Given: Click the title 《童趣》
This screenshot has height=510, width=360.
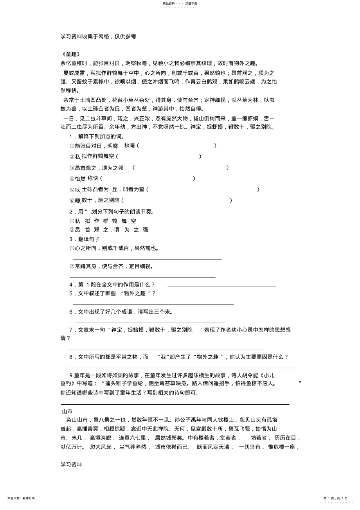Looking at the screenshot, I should tap(71, 54).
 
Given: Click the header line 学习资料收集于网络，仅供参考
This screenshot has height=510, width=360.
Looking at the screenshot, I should tap(98, 36).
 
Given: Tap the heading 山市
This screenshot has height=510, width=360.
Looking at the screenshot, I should tap(67, 411).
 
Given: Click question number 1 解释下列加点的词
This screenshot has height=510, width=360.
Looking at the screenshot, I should tap(97, 136).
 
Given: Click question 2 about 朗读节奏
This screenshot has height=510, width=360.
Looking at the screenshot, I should tap(112, 212).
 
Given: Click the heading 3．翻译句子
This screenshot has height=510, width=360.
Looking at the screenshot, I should tap(85, 239).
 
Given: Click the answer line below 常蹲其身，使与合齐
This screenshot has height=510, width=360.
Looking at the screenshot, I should tap(142, 277).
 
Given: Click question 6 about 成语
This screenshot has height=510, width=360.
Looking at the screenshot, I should tap(121, 312).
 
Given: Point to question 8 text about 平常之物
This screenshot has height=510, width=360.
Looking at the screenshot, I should tap(178, 357).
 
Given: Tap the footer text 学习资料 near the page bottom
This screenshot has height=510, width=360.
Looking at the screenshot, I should tap(71, 465).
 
